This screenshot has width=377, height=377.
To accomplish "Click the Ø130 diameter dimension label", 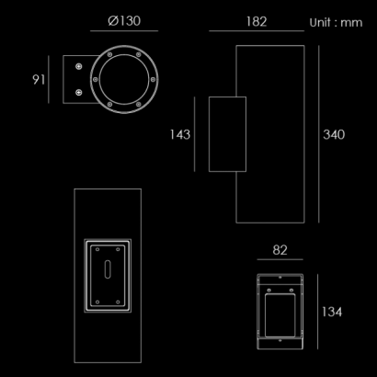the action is [x=124, y=21].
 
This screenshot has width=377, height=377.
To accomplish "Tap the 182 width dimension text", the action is [x=257, y=22].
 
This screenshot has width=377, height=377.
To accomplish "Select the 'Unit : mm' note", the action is [x=336, y=23].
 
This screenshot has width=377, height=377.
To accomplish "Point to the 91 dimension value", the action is [x=39, y=80].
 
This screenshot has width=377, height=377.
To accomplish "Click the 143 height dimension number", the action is [x=180, y=134].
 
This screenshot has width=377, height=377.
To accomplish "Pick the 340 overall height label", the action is [x=334, y=134].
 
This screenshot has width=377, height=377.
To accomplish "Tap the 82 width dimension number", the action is [x=280, y=250].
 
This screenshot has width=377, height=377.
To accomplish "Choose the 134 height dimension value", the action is [x=332, y=312].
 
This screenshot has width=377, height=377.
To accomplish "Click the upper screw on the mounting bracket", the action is [x=79, y=66].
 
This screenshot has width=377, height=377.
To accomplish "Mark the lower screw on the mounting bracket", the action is [x=79, y=92].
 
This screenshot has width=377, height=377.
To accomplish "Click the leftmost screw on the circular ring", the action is [x=96, y=79].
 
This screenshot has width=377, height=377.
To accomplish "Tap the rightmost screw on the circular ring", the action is [x=153, y=79].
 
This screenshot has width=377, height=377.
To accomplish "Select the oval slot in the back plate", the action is [x=108, y=269].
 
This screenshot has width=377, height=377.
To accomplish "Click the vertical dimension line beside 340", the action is [x=319, y=134].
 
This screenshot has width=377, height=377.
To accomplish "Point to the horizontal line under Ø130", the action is [x=124, y=30].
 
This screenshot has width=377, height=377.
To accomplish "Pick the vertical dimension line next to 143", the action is [x=194, y=134].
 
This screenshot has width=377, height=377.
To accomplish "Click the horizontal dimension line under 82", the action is [x=280, y=259].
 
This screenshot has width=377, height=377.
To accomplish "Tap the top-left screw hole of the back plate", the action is [x=97, y=249].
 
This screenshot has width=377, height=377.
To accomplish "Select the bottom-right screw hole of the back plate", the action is [x=118, y=303].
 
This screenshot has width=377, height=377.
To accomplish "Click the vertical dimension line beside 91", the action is [x=49, y=79].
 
